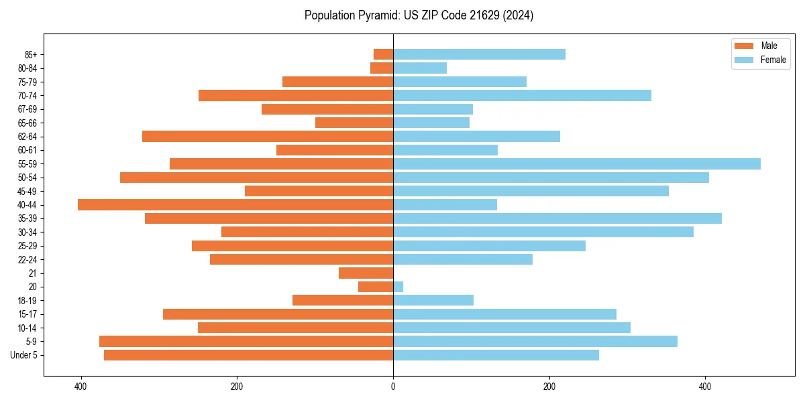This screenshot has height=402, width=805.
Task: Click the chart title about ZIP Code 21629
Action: [419, 15]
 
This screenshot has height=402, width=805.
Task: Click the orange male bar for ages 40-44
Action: [235, 205]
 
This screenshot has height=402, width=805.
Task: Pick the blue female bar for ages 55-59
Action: [577, 164]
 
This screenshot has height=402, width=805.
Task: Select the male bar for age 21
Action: [366, 273]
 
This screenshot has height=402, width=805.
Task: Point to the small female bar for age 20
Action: [398, 287]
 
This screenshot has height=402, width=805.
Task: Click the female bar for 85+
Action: [479, 54]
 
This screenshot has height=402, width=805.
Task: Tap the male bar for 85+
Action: [383, 54]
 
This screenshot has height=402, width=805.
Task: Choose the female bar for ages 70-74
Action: [522, 96]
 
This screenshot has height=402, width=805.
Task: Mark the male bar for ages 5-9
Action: [246, 342]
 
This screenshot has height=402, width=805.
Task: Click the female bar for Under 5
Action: [496, 355]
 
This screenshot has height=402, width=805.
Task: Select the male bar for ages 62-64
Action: [268, 137]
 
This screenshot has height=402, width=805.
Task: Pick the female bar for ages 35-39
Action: [557, 218]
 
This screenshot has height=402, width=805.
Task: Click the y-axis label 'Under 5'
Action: [24, 355]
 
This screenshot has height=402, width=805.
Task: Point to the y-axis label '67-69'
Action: [28, 109]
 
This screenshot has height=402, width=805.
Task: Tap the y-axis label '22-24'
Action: [28, 260]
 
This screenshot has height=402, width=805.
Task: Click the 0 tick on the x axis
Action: [393, 387]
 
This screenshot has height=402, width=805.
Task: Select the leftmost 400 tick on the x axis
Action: [80, 387]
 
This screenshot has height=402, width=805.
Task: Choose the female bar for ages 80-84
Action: [420, 68]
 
